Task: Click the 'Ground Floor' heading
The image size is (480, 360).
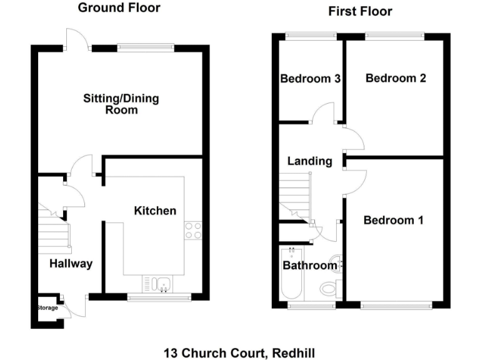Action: [x=119, y=8]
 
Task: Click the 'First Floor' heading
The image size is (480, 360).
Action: [x=360, y=11]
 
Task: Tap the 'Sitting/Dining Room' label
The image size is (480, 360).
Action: [x=121, y=104]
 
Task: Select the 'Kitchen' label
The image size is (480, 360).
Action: [x=155, y=211]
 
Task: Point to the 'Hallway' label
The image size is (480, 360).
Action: [x=71, y=263]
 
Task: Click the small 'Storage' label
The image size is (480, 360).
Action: [x=47, y=308]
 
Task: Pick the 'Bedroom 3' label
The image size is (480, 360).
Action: [x=310, y=79]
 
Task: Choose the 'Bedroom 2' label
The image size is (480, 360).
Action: [x=396, y=78]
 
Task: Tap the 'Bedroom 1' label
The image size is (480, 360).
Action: [x=394, y=220]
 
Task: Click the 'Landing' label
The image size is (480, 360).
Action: [x=309, y=161]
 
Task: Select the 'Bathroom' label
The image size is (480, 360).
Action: [x=309, y=266]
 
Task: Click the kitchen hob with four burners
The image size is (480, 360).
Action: [x=193, y=231]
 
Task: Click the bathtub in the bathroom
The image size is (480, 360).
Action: [x=291, y=275]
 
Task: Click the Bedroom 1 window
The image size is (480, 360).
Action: [x=396, y=305]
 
